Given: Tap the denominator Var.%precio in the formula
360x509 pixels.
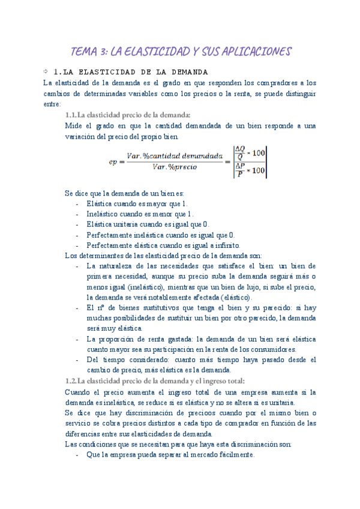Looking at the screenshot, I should [x=175, y=167].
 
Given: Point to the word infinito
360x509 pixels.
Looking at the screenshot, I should [x=225, y=245].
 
